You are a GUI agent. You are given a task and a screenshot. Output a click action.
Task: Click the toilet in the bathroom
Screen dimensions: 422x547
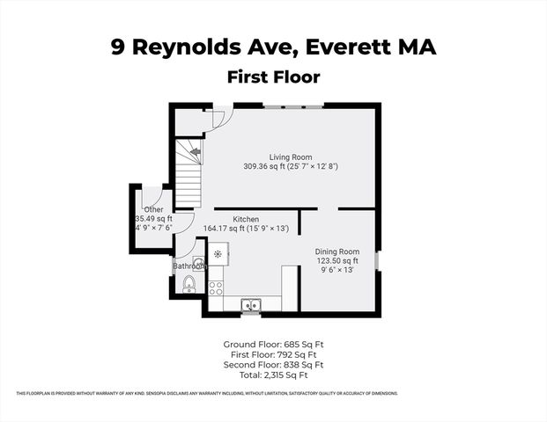188,284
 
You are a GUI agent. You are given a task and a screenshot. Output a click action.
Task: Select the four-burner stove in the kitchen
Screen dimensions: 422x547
215,287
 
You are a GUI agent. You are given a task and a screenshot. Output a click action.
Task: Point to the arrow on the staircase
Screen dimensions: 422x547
195,155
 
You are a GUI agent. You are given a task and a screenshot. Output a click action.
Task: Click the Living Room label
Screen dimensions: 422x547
291,157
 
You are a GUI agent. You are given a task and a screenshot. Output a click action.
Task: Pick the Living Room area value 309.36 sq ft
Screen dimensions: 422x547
291,166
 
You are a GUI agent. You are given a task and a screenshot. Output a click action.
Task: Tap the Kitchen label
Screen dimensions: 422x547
245,219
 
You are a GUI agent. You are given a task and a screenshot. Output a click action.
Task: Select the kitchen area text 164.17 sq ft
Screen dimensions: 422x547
246,229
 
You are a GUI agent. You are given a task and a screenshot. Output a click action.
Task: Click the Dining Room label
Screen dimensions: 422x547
337,251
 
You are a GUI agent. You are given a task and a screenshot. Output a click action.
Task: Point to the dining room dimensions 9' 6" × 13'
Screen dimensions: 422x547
337,270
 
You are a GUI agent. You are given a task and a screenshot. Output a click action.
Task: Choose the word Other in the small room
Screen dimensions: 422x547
153,209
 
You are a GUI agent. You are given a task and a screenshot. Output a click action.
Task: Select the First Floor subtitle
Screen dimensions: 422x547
273,76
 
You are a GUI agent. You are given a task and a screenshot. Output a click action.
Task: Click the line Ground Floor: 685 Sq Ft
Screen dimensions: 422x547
273,343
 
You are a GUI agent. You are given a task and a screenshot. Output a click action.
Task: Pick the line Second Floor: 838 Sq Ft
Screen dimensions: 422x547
273,364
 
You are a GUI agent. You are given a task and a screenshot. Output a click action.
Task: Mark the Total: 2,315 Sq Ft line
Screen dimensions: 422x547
273,375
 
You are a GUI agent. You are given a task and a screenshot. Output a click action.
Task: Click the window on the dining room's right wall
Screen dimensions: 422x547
378,261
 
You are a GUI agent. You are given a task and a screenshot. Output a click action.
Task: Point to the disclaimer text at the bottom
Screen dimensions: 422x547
273,392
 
